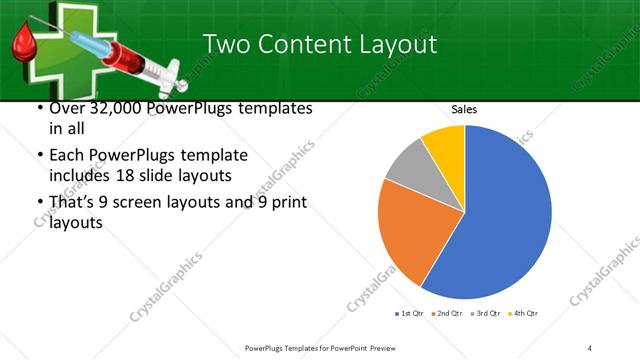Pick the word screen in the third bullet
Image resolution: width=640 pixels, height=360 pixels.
160,204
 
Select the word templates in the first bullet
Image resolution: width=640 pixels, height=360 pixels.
275,108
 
